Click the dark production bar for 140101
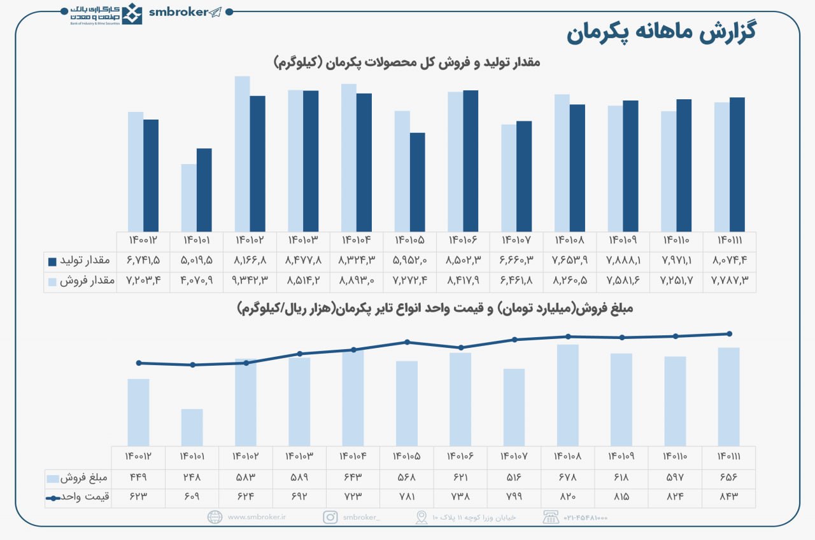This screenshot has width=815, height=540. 204,190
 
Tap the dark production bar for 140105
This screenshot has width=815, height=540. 417,182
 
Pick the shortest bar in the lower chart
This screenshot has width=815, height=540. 192,427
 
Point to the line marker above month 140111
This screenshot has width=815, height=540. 729,334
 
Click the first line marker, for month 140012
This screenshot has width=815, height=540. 139,363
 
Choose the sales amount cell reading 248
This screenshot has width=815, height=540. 192,478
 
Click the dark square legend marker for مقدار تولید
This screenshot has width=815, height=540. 53,261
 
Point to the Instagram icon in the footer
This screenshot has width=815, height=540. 330,517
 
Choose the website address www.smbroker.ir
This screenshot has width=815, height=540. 257,518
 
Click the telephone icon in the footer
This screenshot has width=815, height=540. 549,517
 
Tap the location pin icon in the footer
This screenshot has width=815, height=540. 421,517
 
